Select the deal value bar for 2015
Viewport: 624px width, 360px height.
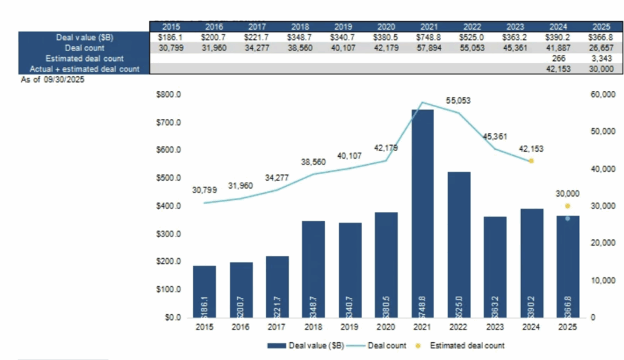[204, 291]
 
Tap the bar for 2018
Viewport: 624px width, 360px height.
[313, 269]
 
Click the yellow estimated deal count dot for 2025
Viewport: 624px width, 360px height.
[567, 206]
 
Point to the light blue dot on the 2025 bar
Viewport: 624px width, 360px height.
[567, 218]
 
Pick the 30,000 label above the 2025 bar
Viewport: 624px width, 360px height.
[567, 193]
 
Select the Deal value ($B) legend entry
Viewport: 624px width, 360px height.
[306, 345]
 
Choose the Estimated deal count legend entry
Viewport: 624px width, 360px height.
[467, 345]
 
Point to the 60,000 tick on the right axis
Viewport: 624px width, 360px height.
[600, 95]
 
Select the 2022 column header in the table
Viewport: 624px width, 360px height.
[472, 27]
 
